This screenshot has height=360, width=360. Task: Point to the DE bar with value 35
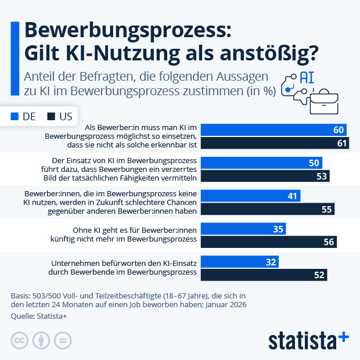244,229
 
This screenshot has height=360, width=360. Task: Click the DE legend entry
23,116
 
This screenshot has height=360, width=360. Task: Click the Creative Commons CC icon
20,340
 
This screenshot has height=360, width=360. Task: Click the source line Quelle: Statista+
39,316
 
